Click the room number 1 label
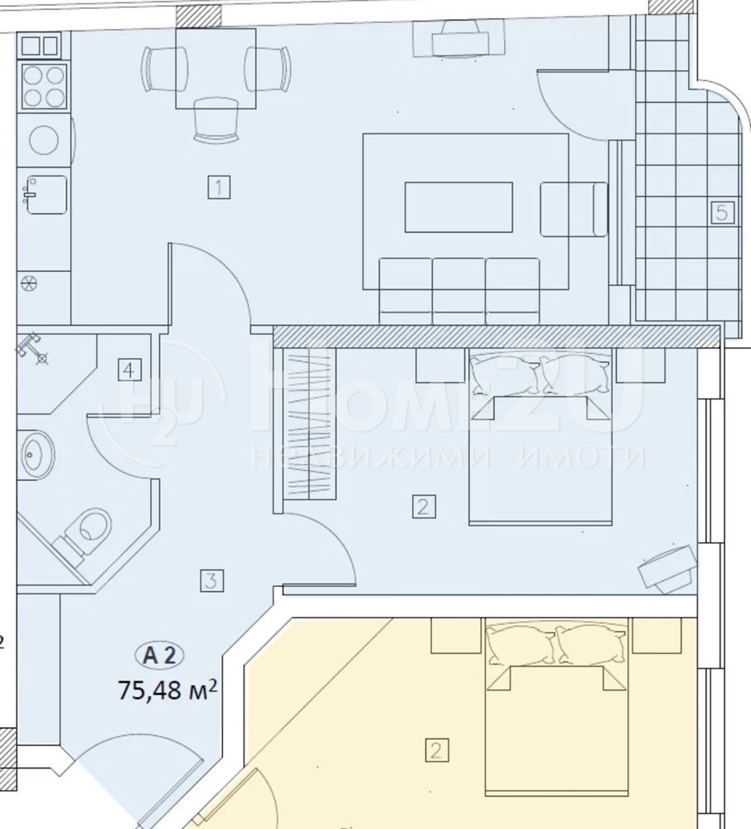(219, 187)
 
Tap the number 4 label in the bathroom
(129, 370)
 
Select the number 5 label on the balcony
(723, 212)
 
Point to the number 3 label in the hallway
(211, 580)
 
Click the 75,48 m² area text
(167, 690)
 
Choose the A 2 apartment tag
(161, 656)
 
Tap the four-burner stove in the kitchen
(44, 87)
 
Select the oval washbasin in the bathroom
(37, 453)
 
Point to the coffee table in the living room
(458, 207)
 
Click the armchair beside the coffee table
(574, 209)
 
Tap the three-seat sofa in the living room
(459, 291)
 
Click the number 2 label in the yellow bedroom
(437, 750)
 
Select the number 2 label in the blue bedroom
(424, 506)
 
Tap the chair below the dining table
(216, 120)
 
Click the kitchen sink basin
(46, 195)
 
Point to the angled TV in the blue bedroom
(667, 570)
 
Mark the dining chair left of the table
(164, 69)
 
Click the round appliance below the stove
(44, 139)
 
